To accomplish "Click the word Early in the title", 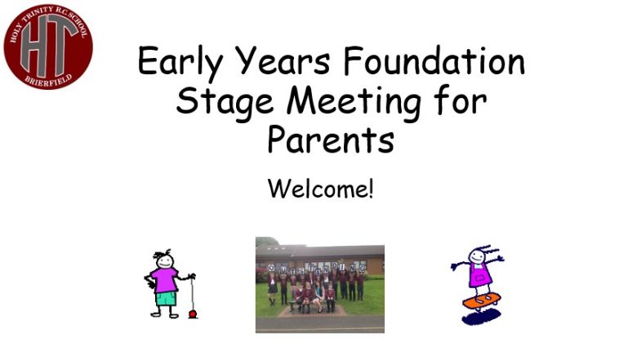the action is pos(180,62).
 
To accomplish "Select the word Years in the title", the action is pos(283,62).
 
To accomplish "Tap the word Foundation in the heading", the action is pos(434,60).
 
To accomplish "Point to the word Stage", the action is pos(225,102).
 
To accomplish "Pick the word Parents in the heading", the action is pos(331,140).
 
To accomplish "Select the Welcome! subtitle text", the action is pos(320,189).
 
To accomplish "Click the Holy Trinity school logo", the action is pos(48,47).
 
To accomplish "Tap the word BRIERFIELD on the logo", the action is pos(48,79).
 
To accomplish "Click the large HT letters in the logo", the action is pos(48,46).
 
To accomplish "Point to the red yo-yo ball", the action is pos(193,313).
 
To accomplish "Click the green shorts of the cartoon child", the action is pos(166,299).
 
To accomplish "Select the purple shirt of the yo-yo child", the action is pos(164,280).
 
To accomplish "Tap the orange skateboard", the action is pos(481,301).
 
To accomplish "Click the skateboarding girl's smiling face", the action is pos(477,256).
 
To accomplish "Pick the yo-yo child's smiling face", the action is pos(165,261).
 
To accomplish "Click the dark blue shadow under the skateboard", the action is pos(481,317).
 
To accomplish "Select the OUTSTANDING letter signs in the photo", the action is pos(317,268).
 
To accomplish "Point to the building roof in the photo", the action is pos(320,251).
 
